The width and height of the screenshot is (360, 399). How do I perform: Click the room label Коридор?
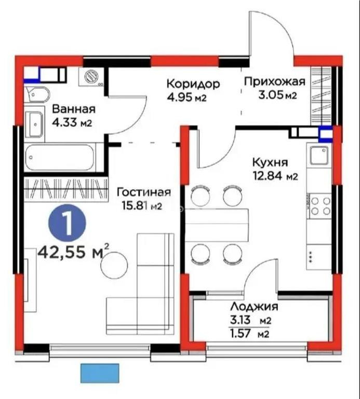pyautogui.click(x=193, y=84)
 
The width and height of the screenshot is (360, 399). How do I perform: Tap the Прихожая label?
pyautogui.click(x=274, y=81)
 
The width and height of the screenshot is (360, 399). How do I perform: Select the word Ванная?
pyautogui.click(x=73, y=109)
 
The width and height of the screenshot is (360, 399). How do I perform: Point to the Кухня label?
pyautogui.click(x=270, y=162)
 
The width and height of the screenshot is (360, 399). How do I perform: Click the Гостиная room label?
pyautogui.click(x=143, y=192)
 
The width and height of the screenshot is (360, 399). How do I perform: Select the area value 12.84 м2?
pyautogui.click(x=275, y=176)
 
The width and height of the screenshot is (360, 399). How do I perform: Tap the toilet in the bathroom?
pyautogui.click(x=37, y=94)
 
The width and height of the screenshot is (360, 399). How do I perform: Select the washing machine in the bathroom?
pyautogui.click(x=92, y=77)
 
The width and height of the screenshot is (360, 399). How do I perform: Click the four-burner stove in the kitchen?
pyautogui.click(x=319, y=205)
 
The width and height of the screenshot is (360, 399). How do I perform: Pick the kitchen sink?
pyautogui.click(x=318, y=154)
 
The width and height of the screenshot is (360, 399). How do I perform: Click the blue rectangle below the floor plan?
pyautogui.click(x=100, y=373)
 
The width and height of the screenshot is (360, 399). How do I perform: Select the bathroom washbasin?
pyautogui.click(x=34, y=125)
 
